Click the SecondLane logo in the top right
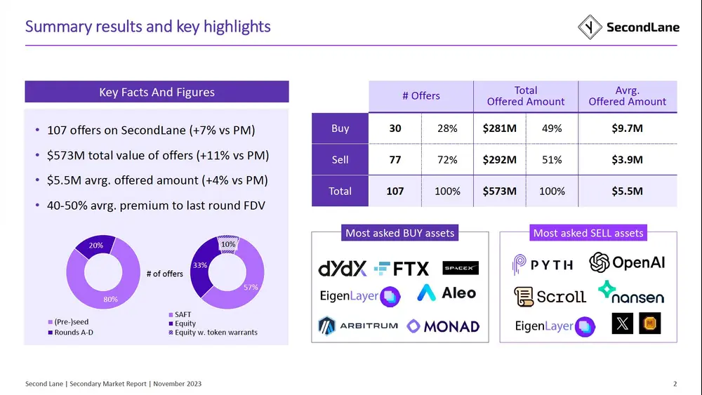[628, 27]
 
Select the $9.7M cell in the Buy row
[627, 128]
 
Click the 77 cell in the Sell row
[395, 160]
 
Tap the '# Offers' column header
[420, 96]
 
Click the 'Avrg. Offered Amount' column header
[627, 96]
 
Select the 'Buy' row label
[340, 128]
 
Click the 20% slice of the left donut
[96, 246]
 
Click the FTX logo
[402, 268]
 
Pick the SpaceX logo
[461, 268]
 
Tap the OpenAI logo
[627, 262]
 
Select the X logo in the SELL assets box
[623, 323]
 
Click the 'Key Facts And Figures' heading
[157, 92]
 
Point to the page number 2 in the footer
[675, 384]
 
